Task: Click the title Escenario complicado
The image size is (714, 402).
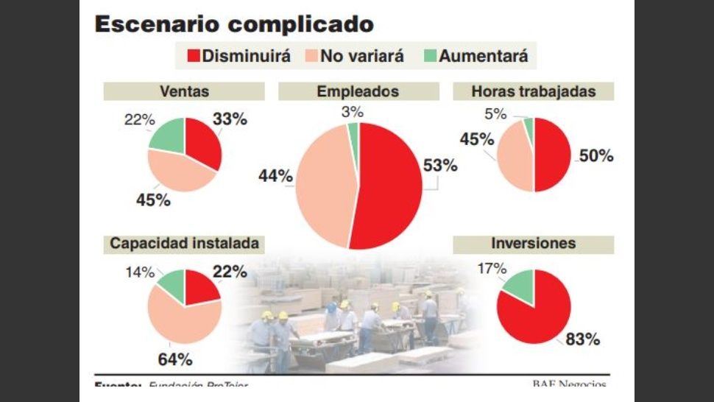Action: point(233,24)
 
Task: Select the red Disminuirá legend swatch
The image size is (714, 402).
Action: point(194,56)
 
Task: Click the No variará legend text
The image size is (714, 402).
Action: point(361,56)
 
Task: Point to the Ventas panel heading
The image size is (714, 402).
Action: point(184,91)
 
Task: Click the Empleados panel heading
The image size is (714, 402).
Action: point(358,91)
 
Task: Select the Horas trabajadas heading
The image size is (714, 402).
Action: point(534,91)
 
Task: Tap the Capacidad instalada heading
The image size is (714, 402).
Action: point(184,244)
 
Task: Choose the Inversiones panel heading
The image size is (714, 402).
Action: point(534,244)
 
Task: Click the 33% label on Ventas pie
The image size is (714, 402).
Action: point(230,119)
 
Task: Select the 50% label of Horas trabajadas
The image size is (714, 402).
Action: point(595,155)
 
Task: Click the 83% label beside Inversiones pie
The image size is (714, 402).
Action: point(582,339)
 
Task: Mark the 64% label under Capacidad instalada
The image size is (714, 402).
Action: point(175,359)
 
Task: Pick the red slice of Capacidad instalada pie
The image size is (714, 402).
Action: point(200,289)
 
